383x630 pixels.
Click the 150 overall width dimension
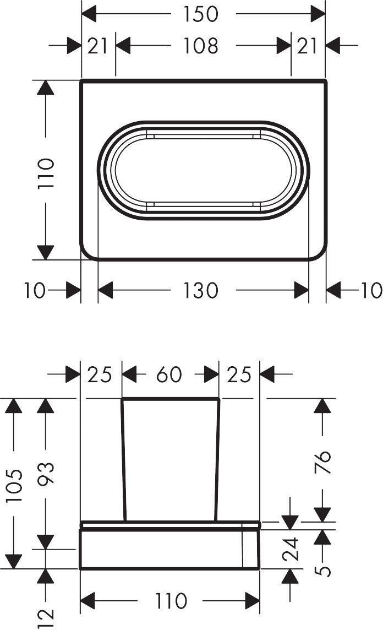201,14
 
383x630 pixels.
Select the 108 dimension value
201,45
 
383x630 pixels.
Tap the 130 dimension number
201,290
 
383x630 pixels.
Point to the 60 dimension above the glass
169,374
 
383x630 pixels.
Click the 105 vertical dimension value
14,485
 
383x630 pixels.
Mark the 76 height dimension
322,462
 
